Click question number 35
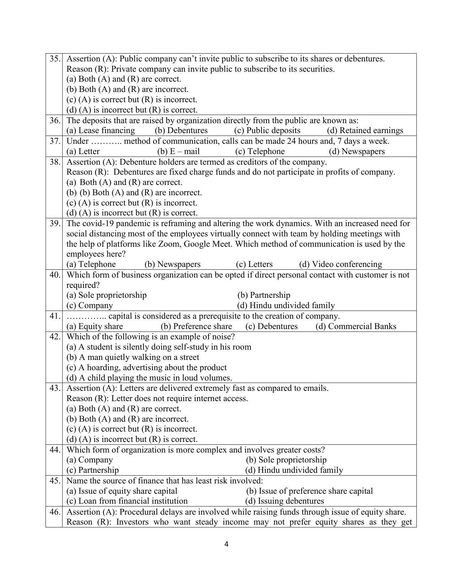coord(54,59)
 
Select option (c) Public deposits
coord(267,131)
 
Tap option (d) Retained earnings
coord(365,131)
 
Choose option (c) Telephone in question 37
coord(260,152)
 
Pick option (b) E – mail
coord(178,152)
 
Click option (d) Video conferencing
coord(340,264)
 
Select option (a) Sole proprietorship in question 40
coord(107,295)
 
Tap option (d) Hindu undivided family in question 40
coord(286,306)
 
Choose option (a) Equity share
coord(95,327)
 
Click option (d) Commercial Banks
coord(356,327)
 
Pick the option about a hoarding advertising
coord(146,368)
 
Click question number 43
coord(54,388)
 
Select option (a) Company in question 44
coord(90,460)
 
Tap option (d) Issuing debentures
coord(284,501)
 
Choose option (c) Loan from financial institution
coord(127,501)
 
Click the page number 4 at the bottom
coord(226,544)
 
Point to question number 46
coord(54,512)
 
